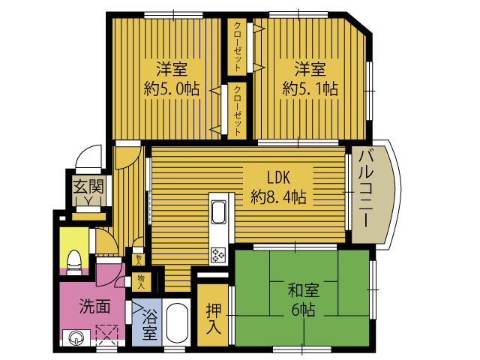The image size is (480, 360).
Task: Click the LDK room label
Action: click(278, 178)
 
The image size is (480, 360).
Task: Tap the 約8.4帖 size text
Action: click(278, 198)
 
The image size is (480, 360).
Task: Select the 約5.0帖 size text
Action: click(171, 89)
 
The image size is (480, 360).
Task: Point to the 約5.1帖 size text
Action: click(310, 89)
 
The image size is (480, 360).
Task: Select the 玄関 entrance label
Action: click(88, 184)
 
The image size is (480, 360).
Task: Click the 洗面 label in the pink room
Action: click(95, 307)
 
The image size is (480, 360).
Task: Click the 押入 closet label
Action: click(212, 319)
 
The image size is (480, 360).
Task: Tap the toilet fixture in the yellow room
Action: click(75, 259)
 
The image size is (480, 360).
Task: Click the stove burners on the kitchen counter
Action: click(219, 254)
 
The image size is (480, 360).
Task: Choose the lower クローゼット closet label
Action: click(238, 109)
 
